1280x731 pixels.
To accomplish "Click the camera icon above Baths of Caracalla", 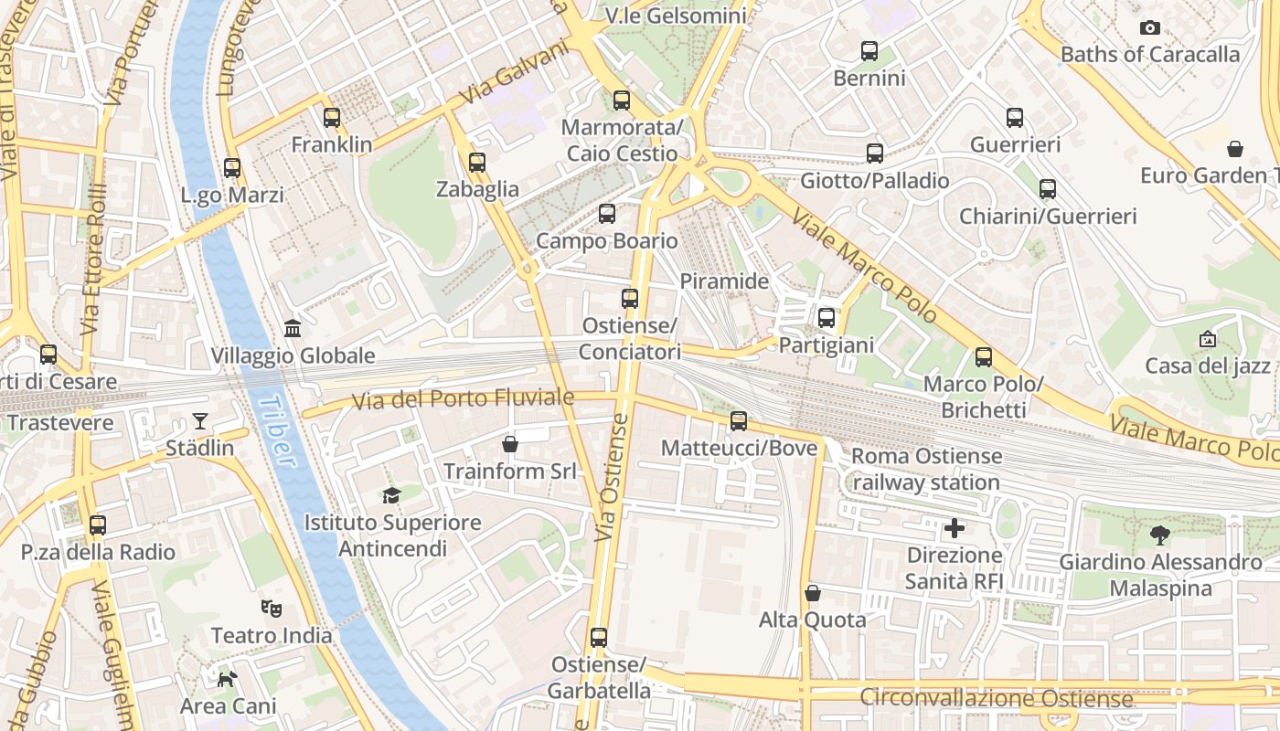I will pyautogui.click(x=1150, y=28).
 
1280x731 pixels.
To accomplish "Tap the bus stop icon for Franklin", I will pyautogui.click(x=331, y=118).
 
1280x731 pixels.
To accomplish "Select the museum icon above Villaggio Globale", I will pyautogui.click(x=293, y=328).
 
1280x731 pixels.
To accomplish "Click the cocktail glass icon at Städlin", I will pyautogui.click(x=200, y=421).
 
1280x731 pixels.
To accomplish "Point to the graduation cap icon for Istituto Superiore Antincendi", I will pyautogui.click(x=391, y=495).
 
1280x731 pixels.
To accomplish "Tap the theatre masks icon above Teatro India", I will pyautogui.click(x=271, y=608).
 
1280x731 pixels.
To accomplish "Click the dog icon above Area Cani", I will pyautogui.click(x=227, y=679).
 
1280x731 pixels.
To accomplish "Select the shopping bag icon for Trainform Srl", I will pyautogui.click(x=510, y=444).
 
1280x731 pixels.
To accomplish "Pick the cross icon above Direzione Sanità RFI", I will pyautogui.click(x=955, y=528).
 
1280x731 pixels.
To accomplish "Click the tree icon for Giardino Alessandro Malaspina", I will pyautogui.click(x=1160, y=535).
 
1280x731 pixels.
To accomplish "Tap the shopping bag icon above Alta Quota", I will pyautogui.click(x=812, y=594).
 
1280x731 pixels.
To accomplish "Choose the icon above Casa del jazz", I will pyautogui.click(x=1208, y=339).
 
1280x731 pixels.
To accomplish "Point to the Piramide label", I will pyautogui.click(x=724, y=281).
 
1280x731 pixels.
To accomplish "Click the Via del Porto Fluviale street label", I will pyautogui.click(x=463, y=398).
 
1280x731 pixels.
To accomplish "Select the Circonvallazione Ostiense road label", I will pyautogui.click(x=996, y=699).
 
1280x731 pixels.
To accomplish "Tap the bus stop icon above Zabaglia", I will pyautogui.click(x=476, y=163).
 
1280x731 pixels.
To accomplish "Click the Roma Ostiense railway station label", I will pyautogui.click(x=926, y=469).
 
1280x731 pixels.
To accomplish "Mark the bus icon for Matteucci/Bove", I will pyautogui.click(x=738, y=421).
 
